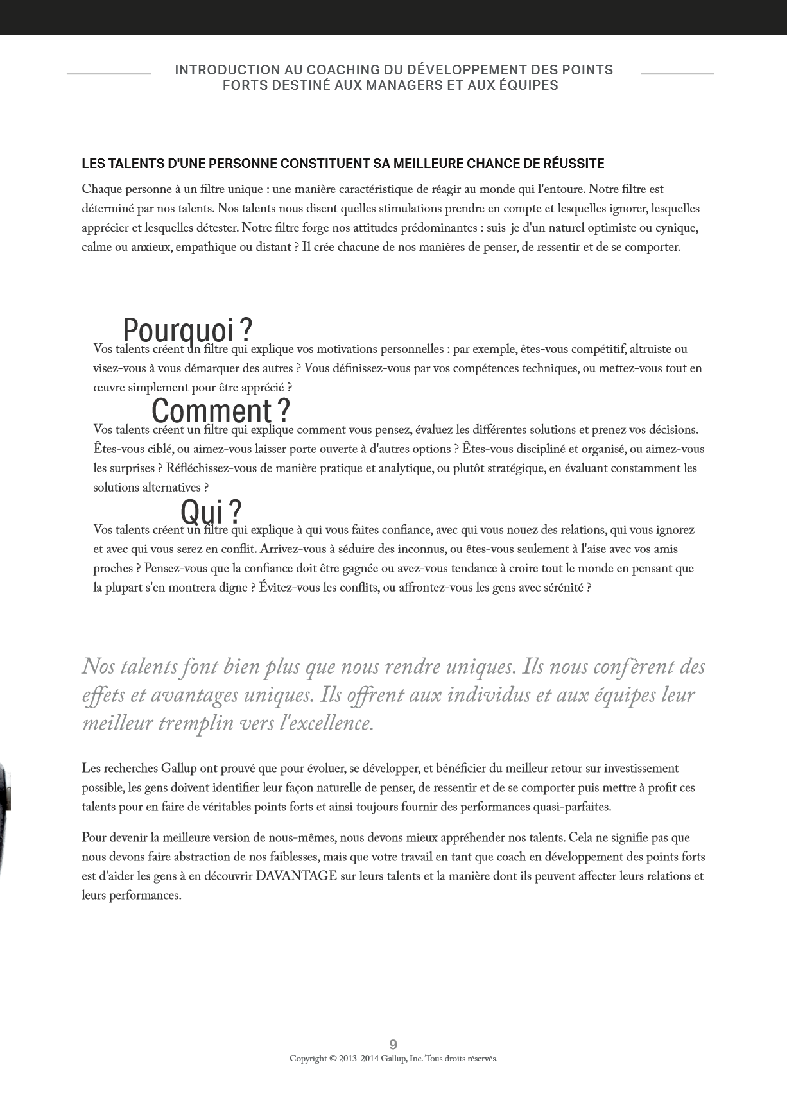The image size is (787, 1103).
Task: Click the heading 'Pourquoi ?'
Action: point(187,330)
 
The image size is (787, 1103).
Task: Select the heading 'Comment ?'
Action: point(221,410)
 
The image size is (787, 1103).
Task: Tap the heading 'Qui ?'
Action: point(211,511)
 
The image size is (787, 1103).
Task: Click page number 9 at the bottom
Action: point(394,1045)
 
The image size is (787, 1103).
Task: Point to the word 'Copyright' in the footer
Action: point(308,1059)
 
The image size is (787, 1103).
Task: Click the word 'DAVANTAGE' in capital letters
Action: point(296,876)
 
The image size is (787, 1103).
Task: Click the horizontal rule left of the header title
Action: point(109,74)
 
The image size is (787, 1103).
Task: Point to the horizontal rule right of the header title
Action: point(677,74)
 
